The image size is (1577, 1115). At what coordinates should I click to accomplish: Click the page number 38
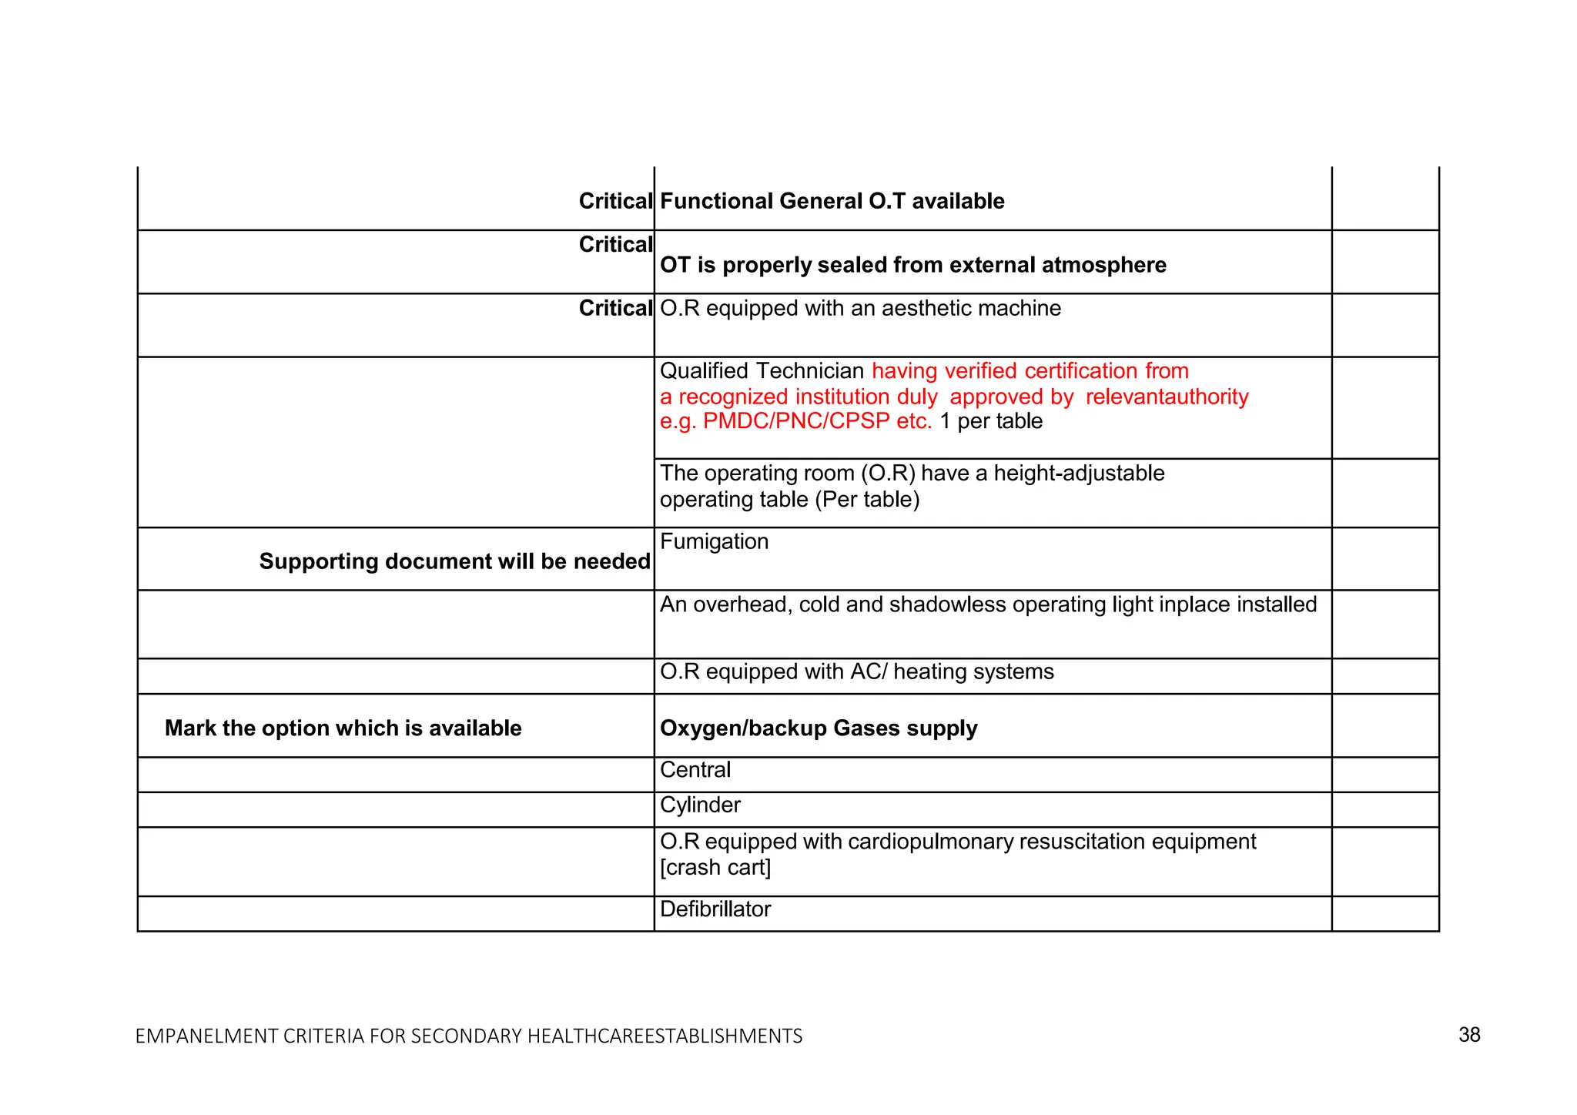1468,1034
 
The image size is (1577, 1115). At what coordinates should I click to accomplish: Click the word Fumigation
714,541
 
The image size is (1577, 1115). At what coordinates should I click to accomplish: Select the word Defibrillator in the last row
715,909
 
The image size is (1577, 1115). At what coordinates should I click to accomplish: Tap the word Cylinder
700,805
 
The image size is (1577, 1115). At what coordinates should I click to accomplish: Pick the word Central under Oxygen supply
695,769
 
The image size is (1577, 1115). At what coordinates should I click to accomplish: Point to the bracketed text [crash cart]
715,867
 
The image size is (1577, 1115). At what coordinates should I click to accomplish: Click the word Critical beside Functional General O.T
614,201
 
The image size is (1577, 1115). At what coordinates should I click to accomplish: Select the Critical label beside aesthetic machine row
614,308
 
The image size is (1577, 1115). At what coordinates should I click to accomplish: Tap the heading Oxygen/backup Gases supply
818,728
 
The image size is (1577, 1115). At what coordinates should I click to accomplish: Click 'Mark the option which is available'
343,728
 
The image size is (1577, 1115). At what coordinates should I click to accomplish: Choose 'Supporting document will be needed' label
454,561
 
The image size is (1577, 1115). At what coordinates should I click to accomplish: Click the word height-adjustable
1079,473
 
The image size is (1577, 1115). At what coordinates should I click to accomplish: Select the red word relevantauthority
1167,397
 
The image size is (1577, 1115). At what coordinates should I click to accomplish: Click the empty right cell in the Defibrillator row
1384,913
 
